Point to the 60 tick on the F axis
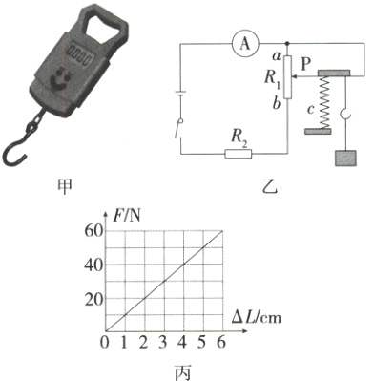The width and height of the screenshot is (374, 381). pyautogui.click(x=92, y=230)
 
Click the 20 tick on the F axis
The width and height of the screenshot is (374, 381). pyautogui.click(x=92, y=299)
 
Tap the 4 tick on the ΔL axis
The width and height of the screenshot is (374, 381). pyautogui.click(x=183, y=343)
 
